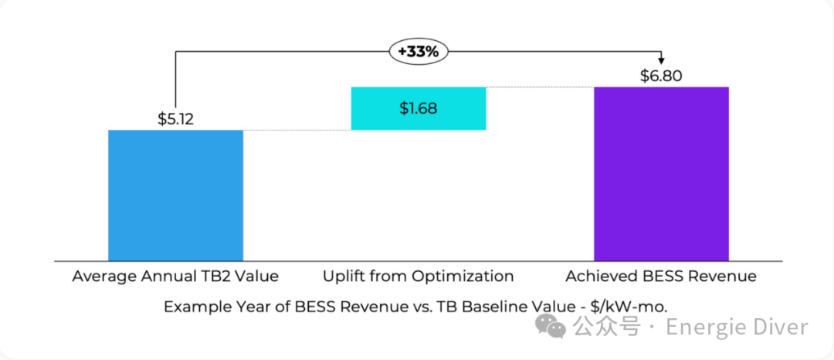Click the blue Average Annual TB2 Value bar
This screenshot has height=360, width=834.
click(175, 195)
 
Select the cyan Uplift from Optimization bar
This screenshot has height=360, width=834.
click(418, 108)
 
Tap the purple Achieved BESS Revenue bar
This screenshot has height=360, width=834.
click(661, 174)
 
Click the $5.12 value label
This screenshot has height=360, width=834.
click(176, 119)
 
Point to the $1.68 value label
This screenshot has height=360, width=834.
click(418, 108)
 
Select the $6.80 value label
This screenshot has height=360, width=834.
click(661, 76)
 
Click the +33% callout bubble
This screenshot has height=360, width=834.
click(418, 52)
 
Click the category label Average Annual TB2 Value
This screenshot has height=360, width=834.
click(175, 276)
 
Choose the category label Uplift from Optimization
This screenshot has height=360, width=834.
click(418, 276)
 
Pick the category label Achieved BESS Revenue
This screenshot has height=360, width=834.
click(661, 276)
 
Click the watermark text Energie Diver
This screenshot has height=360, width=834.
click(737, 327)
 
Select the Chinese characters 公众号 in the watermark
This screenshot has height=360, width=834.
click(606, 327)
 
